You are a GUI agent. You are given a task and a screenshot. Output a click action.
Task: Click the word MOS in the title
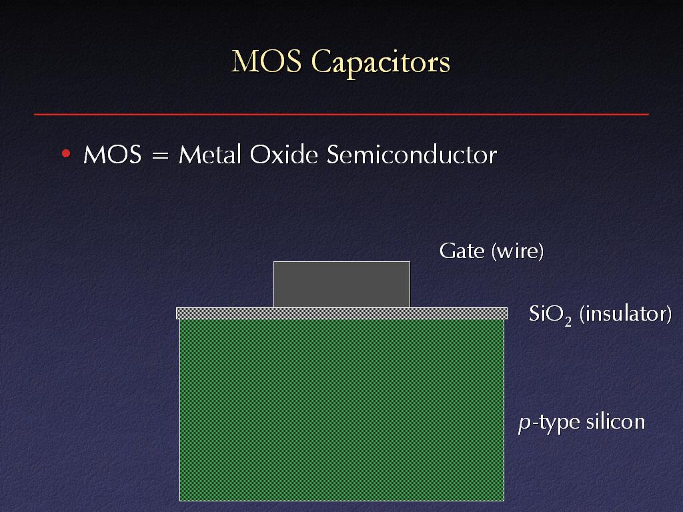[266, 61]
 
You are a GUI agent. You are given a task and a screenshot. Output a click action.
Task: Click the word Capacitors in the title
[381, 63]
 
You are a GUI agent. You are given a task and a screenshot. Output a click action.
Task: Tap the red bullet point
[66, 153]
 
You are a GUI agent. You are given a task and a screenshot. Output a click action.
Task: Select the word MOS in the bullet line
[112, 155]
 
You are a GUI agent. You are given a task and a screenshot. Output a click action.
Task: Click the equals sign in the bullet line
[160, 155]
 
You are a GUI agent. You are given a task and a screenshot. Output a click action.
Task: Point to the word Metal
[210, 155]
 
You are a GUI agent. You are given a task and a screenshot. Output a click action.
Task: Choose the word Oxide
[284, 155]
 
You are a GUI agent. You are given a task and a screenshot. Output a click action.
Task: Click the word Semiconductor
[412, 155]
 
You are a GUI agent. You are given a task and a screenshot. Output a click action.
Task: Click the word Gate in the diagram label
[462, 251]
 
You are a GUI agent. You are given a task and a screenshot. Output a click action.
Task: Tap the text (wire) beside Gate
[518, 251]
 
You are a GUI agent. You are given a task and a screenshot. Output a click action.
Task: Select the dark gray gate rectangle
[341, 284]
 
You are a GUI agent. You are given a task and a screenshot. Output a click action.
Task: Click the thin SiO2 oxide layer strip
[341, 313]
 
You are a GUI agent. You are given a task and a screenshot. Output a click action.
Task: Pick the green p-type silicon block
[341, 410]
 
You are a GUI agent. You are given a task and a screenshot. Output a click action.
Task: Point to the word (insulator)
[626, 315]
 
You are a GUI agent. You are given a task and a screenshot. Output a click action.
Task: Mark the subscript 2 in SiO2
[568, 322]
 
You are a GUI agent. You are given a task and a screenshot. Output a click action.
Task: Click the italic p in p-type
[525, 423]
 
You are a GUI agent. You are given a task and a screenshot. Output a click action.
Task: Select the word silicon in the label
[616, 421]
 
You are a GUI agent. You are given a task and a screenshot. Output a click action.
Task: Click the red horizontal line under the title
[341, 114]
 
